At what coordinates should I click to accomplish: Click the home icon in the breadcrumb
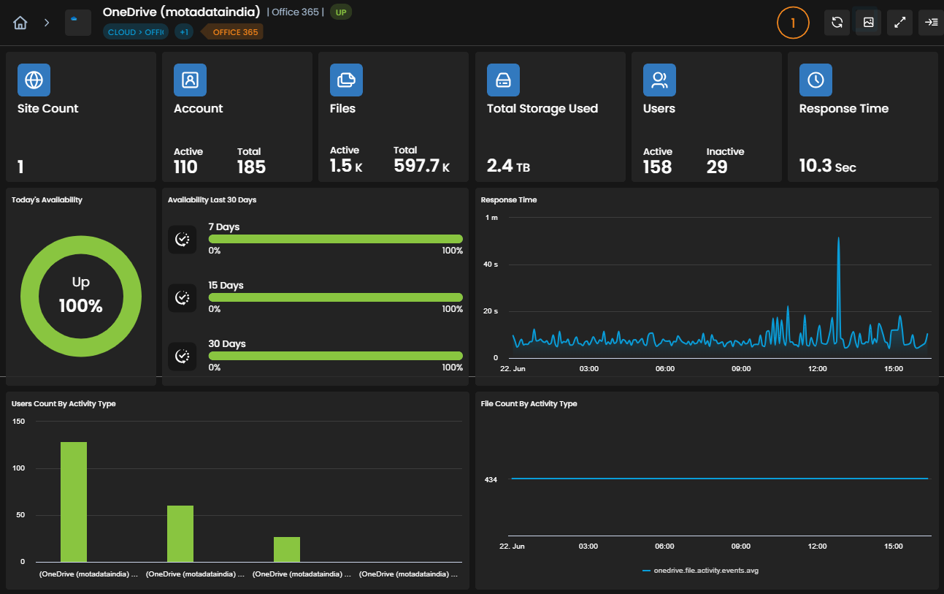[x=20, y=23]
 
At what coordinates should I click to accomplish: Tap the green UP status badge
[x=340, y=12]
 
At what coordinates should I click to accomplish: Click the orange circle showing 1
[x=793, y=23]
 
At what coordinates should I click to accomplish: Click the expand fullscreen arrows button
[x=899, y=23]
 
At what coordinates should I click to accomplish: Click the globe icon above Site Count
[x=34, y=80]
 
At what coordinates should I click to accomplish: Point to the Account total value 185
[x=251, y=167]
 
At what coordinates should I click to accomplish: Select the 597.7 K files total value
[x=421, y=166]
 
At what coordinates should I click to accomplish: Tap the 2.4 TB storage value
[x=508, y=166]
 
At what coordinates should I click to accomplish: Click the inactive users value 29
[x=717, y=167]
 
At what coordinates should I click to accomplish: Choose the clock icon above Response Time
[x=816, y=80]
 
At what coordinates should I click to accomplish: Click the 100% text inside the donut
[x=80, y=306]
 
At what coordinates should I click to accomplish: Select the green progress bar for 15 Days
[x=335, y=297]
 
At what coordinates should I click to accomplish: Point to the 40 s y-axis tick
[x=490, y=264]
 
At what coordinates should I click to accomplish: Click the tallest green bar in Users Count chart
[x=74, y=502]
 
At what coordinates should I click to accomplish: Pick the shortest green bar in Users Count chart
[x=287, y=549]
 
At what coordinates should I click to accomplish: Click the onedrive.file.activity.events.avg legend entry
[x=700, y=571]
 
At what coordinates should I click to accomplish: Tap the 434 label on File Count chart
[x=491, y=480]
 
